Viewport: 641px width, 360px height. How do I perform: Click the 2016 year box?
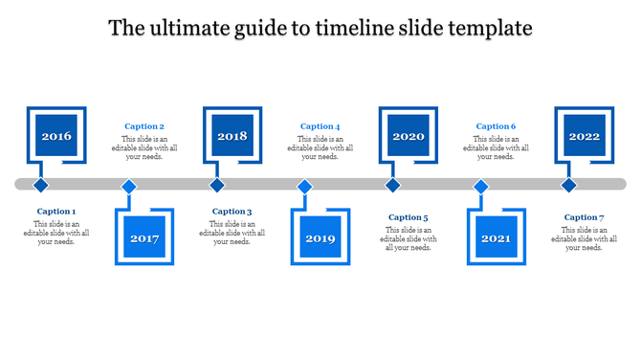pyautogui.click(x=56, y=137)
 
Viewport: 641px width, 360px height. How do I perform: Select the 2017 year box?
pyautogui.click(x=144, y=237)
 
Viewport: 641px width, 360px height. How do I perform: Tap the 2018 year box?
pyautogui.click(x=232, y=137)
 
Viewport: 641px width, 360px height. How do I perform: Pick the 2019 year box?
pyautogui.click(x=320, y=237)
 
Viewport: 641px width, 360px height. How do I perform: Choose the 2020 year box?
pyautogui.click(x=409, y=137)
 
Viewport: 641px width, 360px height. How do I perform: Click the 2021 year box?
pyautogui.click(x=497, y=237)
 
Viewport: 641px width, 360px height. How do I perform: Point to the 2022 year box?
pyautogui.click(x=585, y=137)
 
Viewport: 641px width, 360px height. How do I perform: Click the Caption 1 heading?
pyautogui.click(x=56, y=212)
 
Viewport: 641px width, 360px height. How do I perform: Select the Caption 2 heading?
pyautogui.click(x=144, y=126)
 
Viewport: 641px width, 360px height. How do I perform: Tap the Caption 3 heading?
pyautogui.click(x=232, y=212)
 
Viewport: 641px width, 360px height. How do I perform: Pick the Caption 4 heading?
pyautogui.click(x=320, y=126)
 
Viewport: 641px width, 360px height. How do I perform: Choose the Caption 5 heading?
pyautogui.click(x=409, y=217)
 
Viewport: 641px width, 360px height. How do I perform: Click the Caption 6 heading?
pyautogui.click(x=497, y=126)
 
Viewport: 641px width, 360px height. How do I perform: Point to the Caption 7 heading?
pyautogui.click(x=585, y=217)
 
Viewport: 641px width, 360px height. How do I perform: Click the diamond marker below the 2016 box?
pyautogui.click(x=40, y=185)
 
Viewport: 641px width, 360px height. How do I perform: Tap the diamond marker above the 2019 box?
pyautogui.click(x=305, y=186)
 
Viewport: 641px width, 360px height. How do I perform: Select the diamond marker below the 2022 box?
pyautogui.click(x=568, y=185)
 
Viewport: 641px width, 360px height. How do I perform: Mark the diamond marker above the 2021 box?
pyautogui.click(x=481, y=186)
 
